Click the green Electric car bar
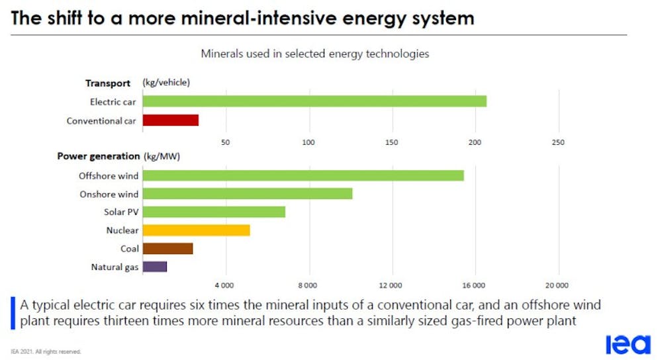(x=314, y=101)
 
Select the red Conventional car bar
(x=171, y=120)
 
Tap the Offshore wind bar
(x=303, y=175)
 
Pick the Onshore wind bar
(x=248, y=194)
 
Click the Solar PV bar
(x=214, y=212)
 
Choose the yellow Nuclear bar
(x=196, y=230)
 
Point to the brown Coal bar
(x=167, y=249)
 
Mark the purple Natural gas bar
(x=155, y=267)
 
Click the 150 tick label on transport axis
(x=392, y=143)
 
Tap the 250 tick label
(x=558, y=143)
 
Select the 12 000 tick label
(x=391, y=285)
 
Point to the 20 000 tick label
(x=557, y=285)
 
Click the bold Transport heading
(x=107, y=83)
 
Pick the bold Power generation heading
(x=99, y=157)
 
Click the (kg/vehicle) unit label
(x=166, y=83)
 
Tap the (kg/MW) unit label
(x=162, y=157)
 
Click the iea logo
(x=628, y=345)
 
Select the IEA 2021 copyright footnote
(x=46, y=351)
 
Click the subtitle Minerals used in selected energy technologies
(x=315, y=54)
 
